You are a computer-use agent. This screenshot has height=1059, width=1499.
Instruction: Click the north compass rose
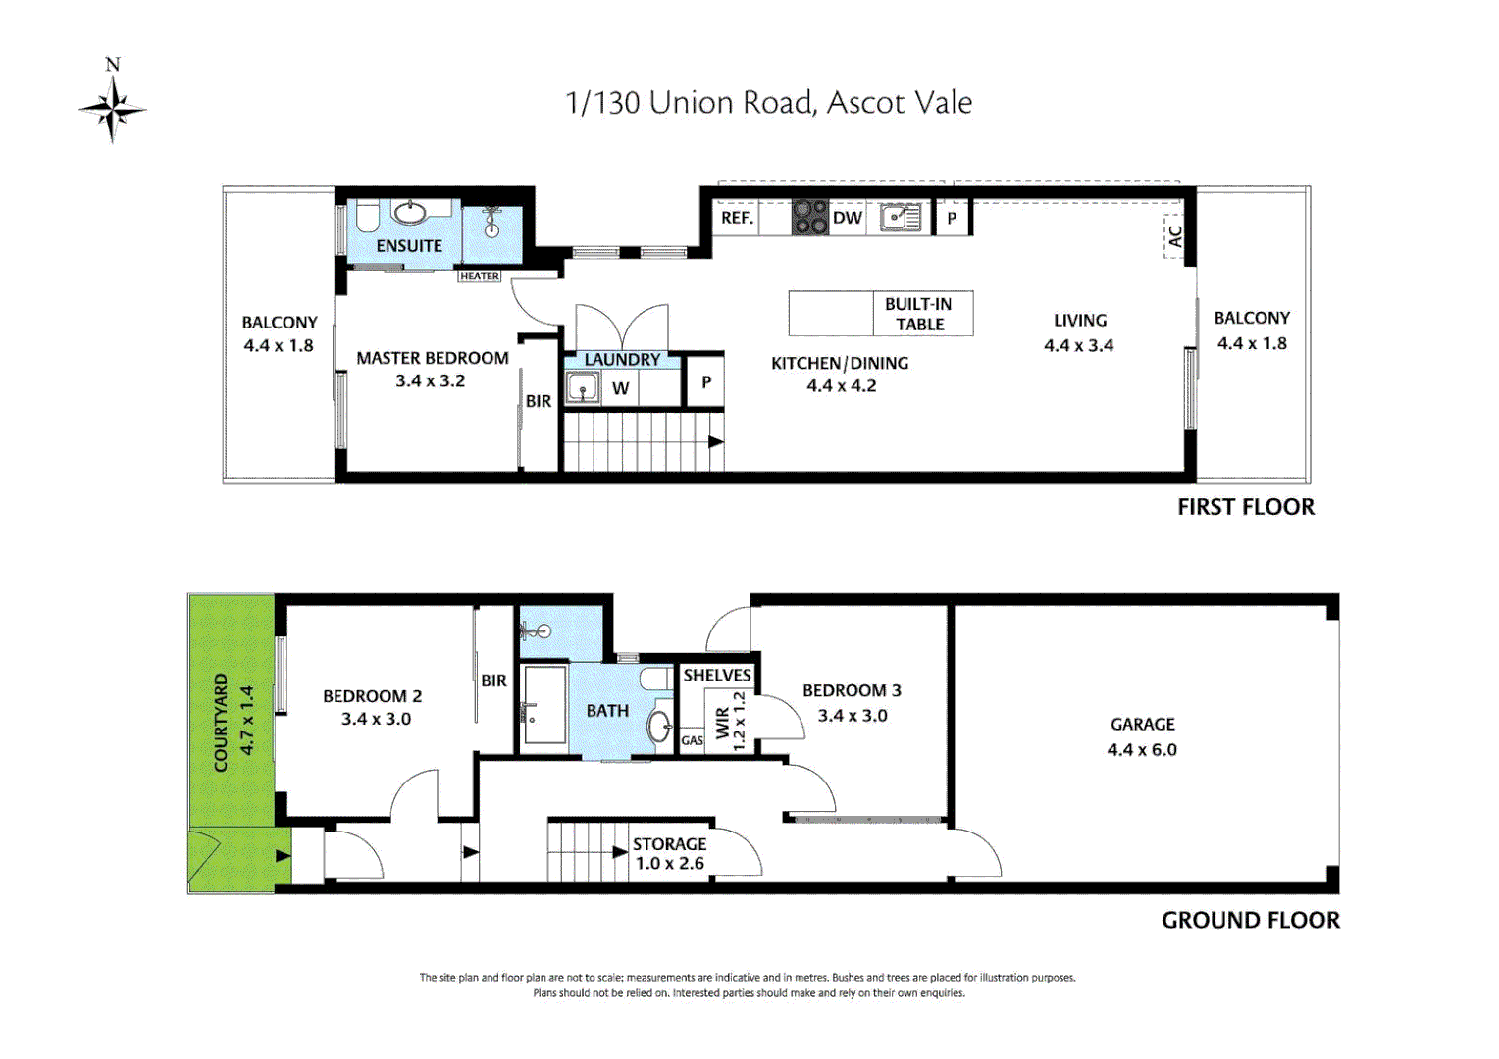[113, 108]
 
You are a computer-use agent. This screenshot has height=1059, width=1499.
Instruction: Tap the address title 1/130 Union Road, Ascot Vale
[768, 103]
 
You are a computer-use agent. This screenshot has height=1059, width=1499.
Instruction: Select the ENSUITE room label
[409, 246]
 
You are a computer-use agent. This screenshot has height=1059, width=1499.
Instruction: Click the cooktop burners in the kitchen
[810, 217]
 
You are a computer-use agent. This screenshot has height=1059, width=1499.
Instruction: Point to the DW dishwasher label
[847, 218]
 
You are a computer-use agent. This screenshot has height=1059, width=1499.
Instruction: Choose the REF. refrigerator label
[737, 218]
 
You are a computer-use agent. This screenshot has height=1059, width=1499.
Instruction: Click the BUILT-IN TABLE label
[919, 314]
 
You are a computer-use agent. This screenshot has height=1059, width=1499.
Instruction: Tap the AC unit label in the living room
[1174, 236]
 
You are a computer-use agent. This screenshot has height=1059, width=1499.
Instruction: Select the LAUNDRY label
[622, 360]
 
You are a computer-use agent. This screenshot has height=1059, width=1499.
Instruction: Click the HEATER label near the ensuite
[480, 277]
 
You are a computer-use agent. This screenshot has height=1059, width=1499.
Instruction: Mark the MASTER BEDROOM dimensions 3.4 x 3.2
[431, 381]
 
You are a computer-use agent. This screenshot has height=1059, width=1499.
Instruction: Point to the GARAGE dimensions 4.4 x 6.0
[1142, 750]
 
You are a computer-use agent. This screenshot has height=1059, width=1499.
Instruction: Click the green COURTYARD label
[222, 723]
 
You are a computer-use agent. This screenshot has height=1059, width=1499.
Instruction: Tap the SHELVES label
[717, 676]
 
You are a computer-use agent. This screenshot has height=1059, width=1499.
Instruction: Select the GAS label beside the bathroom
[692, 741]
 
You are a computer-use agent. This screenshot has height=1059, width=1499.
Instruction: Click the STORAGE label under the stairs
[669, 844]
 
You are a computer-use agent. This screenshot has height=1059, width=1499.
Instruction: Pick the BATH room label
[607, 711]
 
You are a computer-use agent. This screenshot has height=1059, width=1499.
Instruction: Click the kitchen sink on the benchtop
[899, 217]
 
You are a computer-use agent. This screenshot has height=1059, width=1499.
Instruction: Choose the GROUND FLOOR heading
[1250, 921]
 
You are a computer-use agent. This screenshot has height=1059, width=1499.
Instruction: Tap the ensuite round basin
[409, 211]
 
